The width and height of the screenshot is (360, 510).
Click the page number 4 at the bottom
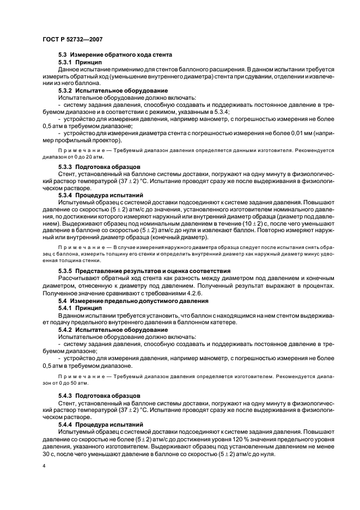pyautogui.click(x=44, y=466)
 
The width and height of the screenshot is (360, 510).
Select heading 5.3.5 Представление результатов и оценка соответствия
pyautogui.click(x=144, y=270)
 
